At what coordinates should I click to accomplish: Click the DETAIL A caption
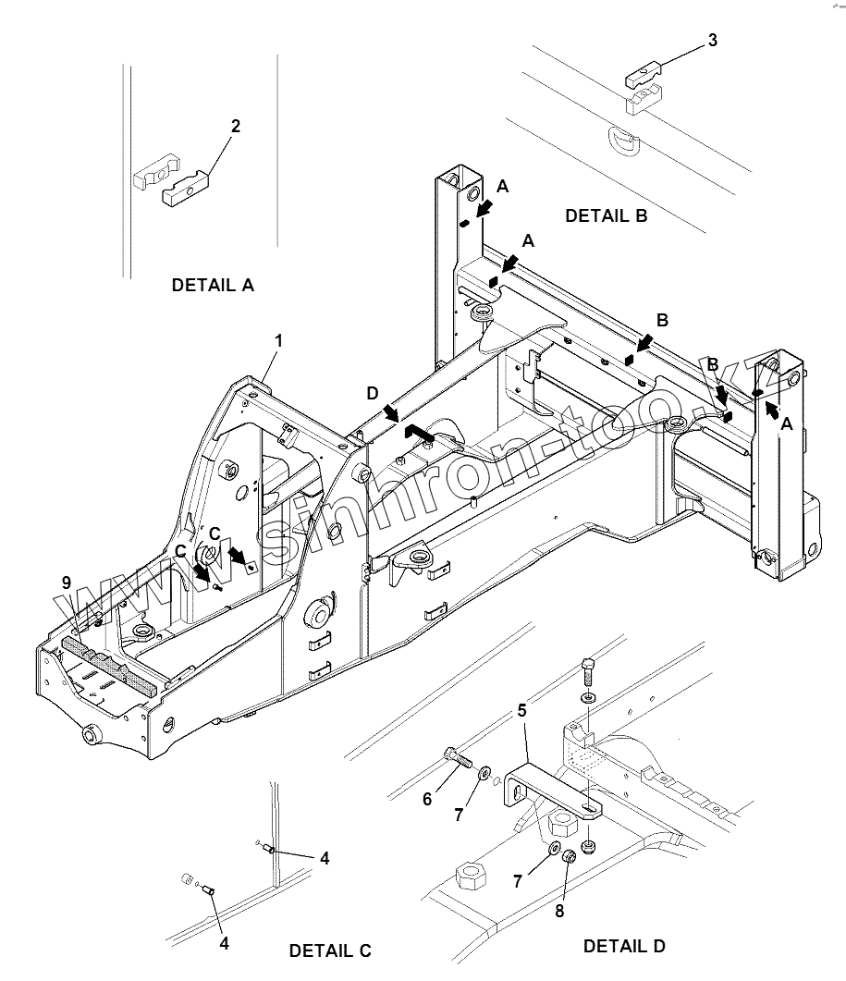212,285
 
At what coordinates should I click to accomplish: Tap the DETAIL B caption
606,216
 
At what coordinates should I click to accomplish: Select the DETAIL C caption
330,950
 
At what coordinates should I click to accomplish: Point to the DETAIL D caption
624,946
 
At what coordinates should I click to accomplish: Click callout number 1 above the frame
278,341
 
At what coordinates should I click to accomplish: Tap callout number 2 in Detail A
236,126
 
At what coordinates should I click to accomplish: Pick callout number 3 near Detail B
711,40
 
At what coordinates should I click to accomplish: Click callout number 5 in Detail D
522,711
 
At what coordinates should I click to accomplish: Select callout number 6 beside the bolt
427,799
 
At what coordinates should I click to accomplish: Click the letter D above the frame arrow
372,394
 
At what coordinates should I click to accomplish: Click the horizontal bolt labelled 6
459,757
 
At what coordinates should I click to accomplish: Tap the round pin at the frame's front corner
91,735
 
